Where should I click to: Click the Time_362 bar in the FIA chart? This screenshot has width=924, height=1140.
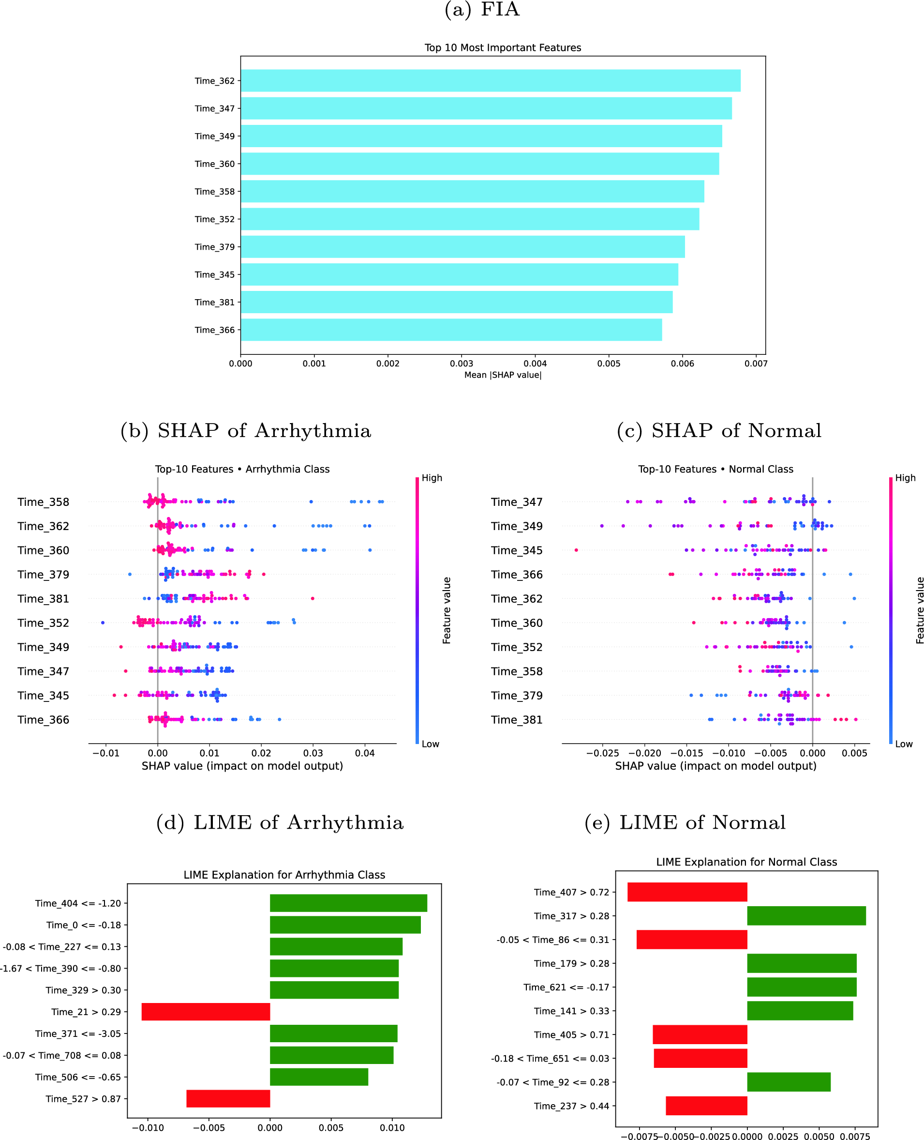[x=490, y=80]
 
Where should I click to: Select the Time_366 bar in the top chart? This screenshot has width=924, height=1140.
[x=451, y=330]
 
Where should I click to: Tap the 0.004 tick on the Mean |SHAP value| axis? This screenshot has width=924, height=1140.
[x=535, y=364]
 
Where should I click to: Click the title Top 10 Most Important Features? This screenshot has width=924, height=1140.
[x=503, y=47]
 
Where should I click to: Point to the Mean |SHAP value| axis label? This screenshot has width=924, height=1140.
[x=503, y=375]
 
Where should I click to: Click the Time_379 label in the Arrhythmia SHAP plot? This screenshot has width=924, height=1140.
[x=43, y=575]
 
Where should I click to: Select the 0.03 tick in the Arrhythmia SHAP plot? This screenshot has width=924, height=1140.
[x=313, y=753]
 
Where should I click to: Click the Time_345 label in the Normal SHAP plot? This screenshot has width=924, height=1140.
[x=516, y=550]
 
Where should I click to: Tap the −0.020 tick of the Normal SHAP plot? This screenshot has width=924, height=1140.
[x=644, y=753]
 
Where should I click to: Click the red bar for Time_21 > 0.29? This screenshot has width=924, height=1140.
[x=206, y=1012]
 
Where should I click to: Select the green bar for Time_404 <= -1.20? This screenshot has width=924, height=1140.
[x=348, y=903]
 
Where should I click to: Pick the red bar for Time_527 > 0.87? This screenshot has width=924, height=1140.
[x=228, y=1098]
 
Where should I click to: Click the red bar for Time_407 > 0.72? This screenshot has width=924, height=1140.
[x=686, y=892]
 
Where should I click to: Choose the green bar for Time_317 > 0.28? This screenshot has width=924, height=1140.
[x=806, y=916]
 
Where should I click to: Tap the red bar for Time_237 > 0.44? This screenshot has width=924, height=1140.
[x=706, y=1106]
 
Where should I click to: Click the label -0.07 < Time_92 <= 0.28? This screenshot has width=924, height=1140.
[x=552, y=1082]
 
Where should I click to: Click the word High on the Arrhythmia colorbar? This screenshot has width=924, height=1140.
[x=432, y=478]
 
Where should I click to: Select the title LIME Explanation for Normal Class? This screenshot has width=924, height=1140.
[x=746, y=862]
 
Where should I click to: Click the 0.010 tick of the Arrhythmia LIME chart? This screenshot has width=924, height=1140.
[x=392, y=1128]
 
